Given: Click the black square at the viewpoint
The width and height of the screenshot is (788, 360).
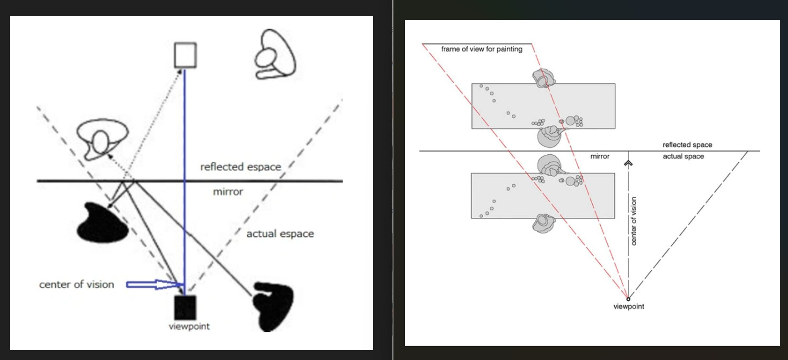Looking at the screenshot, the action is click(x=185, y=307).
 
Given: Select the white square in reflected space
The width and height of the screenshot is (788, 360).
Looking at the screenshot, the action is click(x=185, y=55).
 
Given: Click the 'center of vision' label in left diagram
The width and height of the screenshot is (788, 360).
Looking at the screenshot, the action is click(x=76, y=285).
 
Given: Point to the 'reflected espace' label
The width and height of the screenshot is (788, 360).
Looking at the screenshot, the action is click(x=240, y=167).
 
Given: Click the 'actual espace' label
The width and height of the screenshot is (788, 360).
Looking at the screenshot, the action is click(x=280, y=233).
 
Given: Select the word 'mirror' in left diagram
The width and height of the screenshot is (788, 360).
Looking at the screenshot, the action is click(x=228, y=191).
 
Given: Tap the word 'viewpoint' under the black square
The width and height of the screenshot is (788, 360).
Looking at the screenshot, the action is click(x=189, y=327).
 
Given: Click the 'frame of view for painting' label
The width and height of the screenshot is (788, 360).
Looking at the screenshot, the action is click(x=481, y=49).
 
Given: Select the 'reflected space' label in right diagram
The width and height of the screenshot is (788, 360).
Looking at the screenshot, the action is click(x=687, y=145).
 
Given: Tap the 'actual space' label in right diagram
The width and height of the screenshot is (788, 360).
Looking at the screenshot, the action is click(x=683, y=156).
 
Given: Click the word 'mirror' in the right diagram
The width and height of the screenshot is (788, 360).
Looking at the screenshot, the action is click(x=600, y=156).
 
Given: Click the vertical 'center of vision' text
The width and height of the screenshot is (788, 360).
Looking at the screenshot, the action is click(x=634, y=221).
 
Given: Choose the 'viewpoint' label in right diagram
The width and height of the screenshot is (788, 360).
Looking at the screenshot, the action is click(x=628, y=307).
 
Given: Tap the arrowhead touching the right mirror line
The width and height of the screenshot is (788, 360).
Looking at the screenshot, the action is click(x=628, y=163).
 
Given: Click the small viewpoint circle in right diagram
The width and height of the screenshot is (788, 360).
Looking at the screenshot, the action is click(x=628, y=299).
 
